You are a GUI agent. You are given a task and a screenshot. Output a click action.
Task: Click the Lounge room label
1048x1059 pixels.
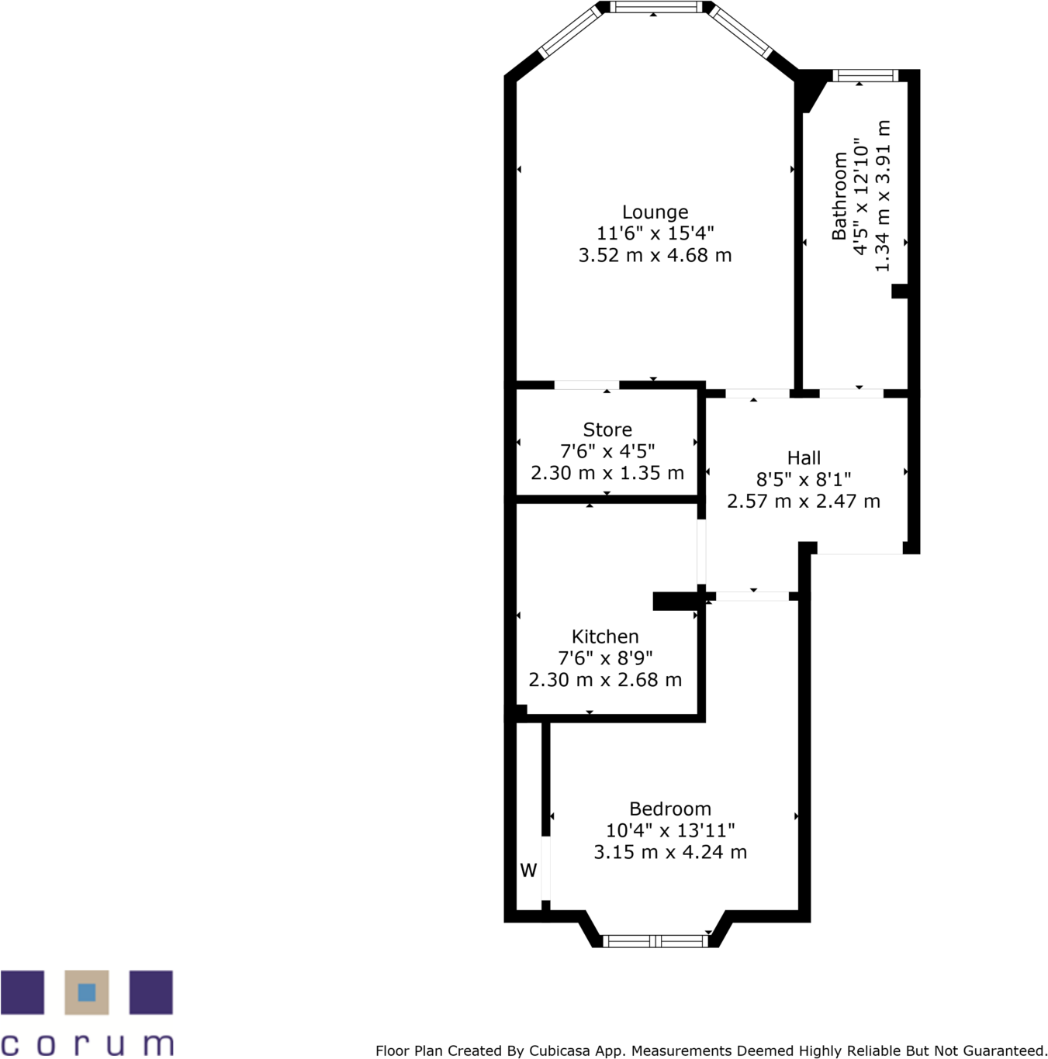tap(655, 212)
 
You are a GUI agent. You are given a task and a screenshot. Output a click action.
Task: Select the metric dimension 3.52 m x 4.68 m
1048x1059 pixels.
tap(655, 255)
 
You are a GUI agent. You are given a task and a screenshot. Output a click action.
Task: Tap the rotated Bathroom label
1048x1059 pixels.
tap(839, 195)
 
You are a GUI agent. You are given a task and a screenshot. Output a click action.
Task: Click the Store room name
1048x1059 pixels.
tap(607, 429)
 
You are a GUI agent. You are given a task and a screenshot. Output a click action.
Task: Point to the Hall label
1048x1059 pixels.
tap(804, 458)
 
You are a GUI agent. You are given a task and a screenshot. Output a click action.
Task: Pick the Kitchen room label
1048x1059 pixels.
tap(605, 636)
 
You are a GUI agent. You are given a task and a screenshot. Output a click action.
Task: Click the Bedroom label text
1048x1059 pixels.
tap(670, 809)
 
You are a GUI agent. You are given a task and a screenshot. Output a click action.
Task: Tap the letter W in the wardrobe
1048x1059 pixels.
tap(528, 871)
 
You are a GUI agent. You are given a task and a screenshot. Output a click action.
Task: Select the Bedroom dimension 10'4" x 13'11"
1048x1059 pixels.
tap(670, 830)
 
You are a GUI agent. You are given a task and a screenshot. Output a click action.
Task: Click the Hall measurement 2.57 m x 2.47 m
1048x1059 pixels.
tap(804, 502)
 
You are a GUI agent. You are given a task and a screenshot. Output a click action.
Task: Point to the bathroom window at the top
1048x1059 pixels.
tap(865, 75)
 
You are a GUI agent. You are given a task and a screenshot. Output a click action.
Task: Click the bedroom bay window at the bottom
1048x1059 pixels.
tap(655, 941)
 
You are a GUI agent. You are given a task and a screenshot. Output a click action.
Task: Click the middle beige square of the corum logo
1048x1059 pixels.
tap(87, 992)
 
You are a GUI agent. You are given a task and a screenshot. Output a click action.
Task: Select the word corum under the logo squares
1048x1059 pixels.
tap(87, 1043)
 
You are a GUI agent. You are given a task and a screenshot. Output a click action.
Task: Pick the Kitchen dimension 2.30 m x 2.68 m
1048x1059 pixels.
tap(605, 680)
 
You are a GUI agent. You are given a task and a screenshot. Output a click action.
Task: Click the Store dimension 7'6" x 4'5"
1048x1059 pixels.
tap(607, 451)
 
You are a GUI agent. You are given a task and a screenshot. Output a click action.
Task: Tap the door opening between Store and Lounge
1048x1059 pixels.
tap(586, 385)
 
